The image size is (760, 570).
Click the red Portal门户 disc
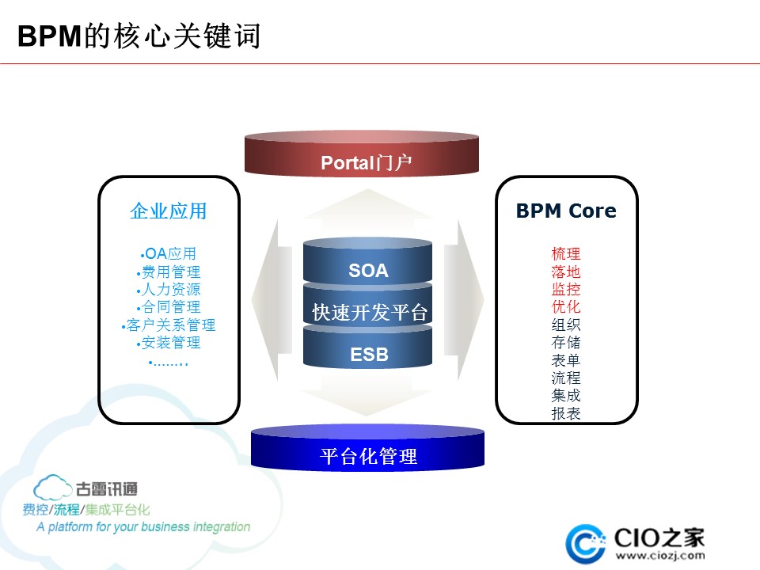click(x=362, y=152)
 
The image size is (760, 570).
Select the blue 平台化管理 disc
click(x=367, y=447)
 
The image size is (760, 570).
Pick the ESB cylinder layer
click(x=367, y=348)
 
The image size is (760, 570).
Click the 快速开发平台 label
click(x=370, y=312)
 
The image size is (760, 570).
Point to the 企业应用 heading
click(x=168, y=211)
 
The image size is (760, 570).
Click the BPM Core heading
click(x=566, y=211)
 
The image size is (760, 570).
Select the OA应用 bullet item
click(x=168, y=253)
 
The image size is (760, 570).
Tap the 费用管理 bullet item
click(x=168, y=272)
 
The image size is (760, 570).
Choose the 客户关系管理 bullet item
click(x=168, y=325)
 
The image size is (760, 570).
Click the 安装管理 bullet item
click(x=168, y=343)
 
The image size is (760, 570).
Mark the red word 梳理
click(x=565, y=253)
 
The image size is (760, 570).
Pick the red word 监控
click(x=565, y=289)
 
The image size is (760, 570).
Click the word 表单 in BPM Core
click(x=565, y=360)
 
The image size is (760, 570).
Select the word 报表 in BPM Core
click(x=565, y=413)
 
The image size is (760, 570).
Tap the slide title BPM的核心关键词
click(x=139, y=36)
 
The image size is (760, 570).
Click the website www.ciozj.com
click(x=660, y=556)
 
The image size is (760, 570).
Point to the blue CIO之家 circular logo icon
click(x=586, y=543)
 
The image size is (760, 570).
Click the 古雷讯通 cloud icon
click(x=52, y=488)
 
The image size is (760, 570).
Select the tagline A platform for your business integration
click(x=143, y=527)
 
